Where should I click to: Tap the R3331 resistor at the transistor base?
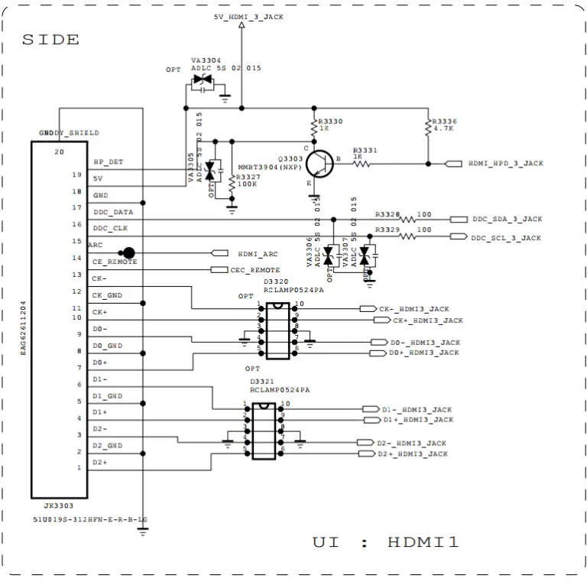pyautogui.click(x=362, y=163)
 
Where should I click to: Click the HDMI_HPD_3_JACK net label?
pyautogui.click(x=505, y=164)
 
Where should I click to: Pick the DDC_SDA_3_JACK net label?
pyautogui.click(x=506, y=219)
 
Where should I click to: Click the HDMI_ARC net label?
pyautogui.click(x=258, y=254)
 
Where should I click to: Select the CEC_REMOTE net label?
pyautogui.click(x=255, y=270)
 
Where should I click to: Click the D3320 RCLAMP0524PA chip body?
pyautogui.click(x=278, y=330)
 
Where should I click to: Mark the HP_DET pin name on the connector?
pyautogui.click(x=108, y=162)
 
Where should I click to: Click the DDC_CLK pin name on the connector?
pyautogui.click(x=110, y=228)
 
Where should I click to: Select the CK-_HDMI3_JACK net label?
pyautogui.click(x=413, y=309)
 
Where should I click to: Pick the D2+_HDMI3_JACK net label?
pyautogui.click(x=412, y=454)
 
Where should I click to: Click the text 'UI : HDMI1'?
pyautogui.click(x=386, y=542)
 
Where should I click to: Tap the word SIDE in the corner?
pyautogui.click(x=50, y=40)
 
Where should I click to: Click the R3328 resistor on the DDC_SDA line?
pyautogui.click(x=407, y=219)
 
